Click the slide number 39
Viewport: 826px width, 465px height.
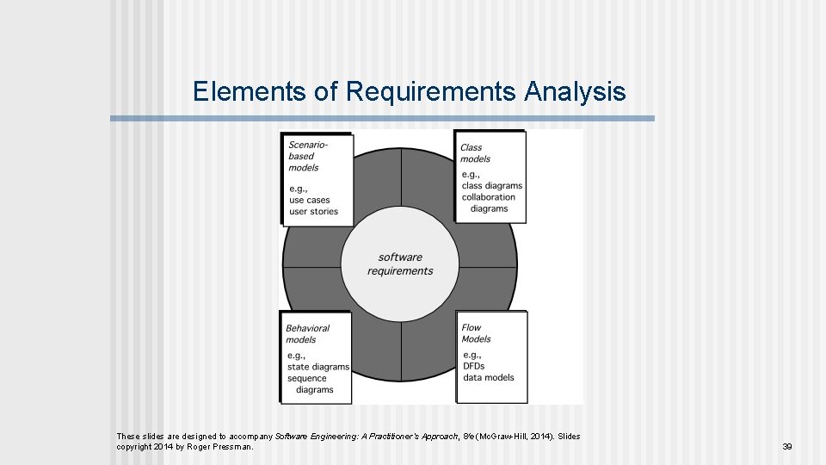point(786,446)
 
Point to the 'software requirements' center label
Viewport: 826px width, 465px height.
point(400,263)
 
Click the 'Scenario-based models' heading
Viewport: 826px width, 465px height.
point(307,156)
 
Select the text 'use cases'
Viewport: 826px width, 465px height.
point(310,200)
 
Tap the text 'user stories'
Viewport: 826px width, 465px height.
point(313,211)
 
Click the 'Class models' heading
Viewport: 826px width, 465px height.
point(475,153)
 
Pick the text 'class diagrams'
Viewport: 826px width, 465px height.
point(491,185)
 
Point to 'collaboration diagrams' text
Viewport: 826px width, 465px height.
point(489,202)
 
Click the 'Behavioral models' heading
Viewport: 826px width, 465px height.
point(307,333)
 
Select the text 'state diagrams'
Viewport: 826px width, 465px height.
point(318,367)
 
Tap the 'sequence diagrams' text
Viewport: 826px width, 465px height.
point(311,384)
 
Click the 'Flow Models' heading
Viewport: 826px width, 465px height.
point(476,333)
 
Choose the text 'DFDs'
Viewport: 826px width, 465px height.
point(473,366)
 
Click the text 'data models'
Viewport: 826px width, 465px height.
point(488,377)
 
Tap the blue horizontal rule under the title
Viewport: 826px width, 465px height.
point(382,118)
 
